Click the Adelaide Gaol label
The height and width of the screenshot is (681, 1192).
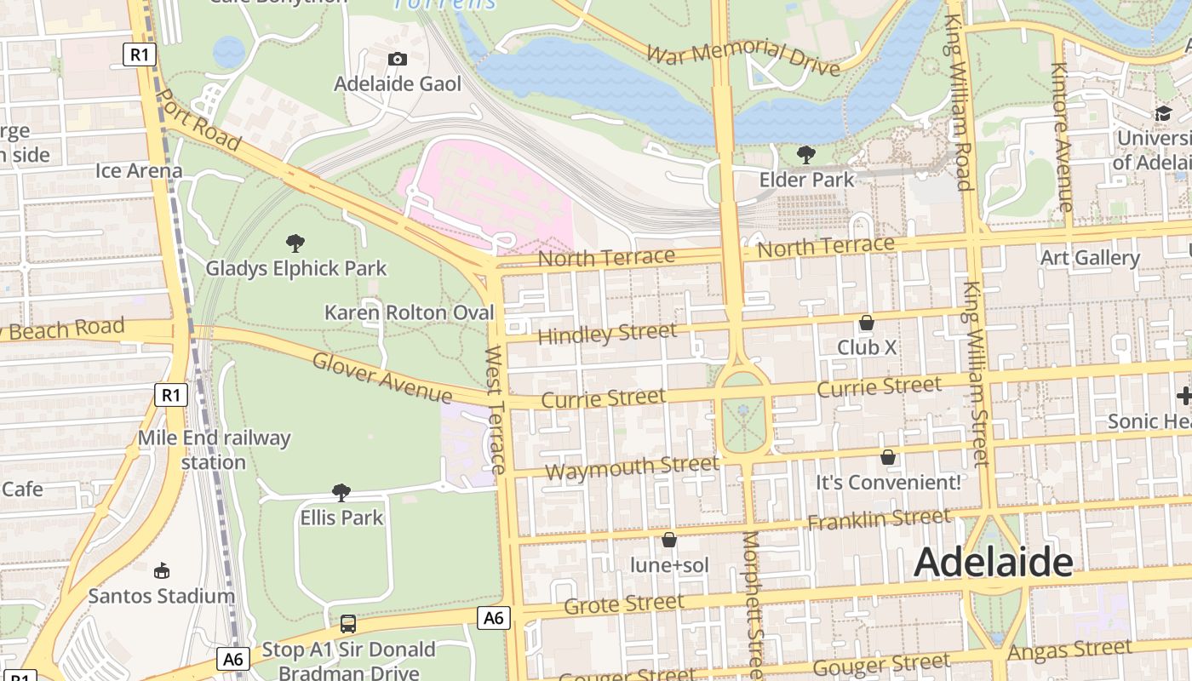click(x=398, y=83)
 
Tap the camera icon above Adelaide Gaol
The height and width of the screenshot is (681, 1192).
click(x=398, y=59)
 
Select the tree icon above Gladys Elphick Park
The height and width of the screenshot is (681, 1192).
click(x=295, y=244)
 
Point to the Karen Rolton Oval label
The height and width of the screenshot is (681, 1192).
click(x=409, y=312)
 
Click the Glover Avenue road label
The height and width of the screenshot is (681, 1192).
click(x=382, y=377)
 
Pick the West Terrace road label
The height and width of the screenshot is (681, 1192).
click(x=496, y=409)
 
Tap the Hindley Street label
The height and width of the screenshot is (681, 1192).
click(x=607, y=333)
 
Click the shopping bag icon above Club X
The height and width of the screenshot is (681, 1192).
click(x=866, y=323)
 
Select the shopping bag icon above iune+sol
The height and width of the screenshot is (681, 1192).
click(x=669, y=540)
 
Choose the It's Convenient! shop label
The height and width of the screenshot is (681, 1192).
click(x=888, y=483)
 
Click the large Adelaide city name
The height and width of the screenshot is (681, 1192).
click(x=993, y=562)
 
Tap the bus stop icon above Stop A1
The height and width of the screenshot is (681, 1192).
click(x=348, y=623)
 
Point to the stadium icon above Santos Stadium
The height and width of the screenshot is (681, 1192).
click(x=161, y=570)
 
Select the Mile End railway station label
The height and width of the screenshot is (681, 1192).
click(x=214, y=450)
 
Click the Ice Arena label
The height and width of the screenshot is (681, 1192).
click(x=139, y=170)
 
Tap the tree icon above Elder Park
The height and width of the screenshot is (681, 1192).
click(x=805, y=154)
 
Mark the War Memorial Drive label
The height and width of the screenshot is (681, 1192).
click(x=742, y=56)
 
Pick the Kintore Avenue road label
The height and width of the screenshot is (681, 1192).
click(x=1061, y=136)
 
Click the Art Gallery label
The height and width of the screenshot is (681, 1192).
click(x=1090, y=257)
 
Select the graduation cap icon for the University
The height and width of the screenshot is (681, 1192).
click(x=1163, y=114)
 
